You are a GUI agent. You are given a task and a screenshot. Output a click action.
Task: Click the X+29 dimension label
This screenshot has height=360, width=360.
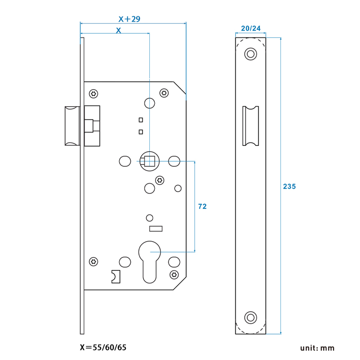point(129,19)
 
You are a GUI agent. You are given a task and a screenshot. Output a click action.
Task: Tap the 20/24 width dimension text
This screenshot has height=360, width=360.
point(251,28)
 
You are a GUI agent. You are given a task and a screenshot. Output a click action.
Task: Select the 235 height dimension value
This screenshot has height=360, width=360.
point(289,186)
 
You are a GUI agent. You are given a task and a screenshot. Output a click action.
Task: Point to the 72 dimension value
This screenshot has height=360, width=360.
point(202,206)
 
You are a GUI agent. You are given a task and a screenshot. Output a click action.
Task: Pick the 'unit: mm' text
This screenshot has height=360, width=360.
point(318,348)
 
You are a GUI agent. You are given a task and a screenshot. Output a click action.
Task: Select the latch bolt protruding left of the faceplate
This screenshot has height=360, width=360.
point(72,126)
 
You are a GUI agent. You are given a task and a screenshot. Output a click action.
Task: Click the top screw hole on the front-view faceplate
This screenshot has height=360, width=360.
point(250,54)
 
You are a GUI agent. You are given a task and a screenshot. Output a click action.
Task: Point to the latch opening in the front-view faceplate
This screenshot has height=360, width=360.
point(251,126)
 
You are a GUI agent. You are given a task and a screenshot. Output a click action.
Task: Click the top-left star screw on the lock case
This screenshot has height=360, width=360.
point(94,94)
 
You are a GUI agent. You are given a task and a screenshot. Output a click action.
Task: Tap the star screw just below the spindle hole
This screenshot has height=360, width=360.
point(159,180)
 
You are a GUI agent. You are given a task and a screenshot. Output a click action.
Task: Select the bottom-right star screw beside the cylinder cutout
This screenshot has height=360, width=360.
point(174,274)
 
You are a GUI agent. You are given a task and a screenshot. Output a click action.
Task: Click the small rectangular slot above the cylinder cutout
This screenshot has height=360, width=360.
point(156,229)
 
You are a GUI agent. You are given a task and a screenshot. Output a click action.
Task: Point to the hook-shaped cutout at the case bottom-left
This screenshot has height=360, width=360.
point(116,276)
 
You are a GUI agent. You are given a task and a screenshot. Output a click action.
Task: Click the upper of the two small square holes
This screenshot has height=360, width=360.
point(141,120)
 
